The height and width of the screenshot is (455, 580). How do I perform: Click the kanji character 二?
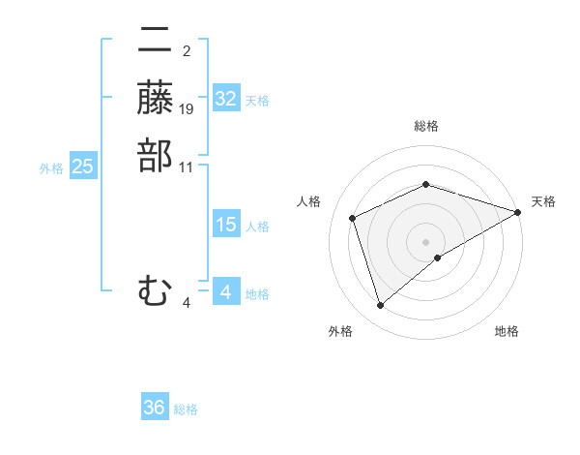pos(155,42)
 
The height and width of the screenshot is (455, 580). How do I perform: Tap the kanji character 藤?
pos(155,98)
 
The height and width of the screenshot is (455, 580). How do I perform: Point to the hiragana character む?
pos(155,289)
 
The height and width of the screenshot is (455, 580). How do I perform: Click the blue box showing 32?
pos(226,99)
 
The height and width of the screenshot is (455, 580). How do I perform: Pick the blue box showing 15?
pos(226,225)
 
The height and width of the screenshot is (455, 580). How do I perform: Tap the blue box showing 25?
pos(83,167)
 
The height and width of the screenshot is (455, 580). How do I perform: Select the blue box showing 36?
pos(155,408)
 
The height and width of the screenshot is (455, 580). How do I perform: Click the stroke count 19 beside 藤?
pos(188,109)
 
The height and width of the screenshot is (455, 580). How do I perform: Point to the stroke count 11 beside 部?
pos(188,167)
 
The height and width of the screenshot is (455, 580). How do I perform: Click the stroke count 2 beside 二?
pos(187,51)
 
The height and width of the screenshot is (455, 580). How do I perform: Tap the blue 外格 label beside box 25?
pos(51,168)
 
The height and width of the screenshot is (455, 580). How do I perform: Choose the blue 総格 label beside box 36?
pos(186,410)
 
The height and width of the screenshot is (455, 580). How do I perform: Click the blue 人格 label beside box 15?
pos(257,227)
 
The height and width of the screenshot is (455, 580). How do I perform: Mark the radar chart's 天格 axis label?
pos(543,201)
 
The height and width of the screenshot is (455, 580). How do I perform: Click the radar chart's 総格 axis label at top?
pos(426,126)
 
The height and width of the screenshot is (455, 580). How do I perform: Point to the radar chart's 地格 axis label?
pos(507,332)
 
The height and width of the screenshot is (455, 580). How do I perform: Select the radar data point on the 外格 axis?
pos(380,306)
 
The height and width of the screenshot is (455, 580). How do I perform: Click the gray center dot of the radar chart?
pos(426,242)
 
